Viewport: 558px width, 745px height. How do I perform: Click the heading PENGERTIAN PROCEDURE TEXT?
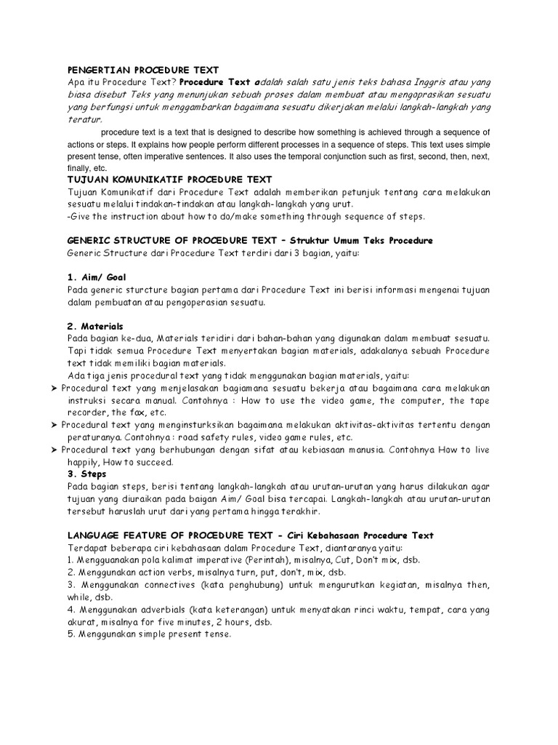click(142, 70)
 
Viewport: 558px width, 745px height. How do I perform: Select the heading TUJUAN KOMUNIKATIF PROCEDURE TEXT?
click(169, 179)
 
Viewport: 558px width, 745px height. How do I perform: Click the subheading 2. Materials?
click(95, 327)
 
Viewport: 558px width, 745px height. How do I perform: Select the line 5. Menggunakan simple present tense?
click(149, 634)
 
